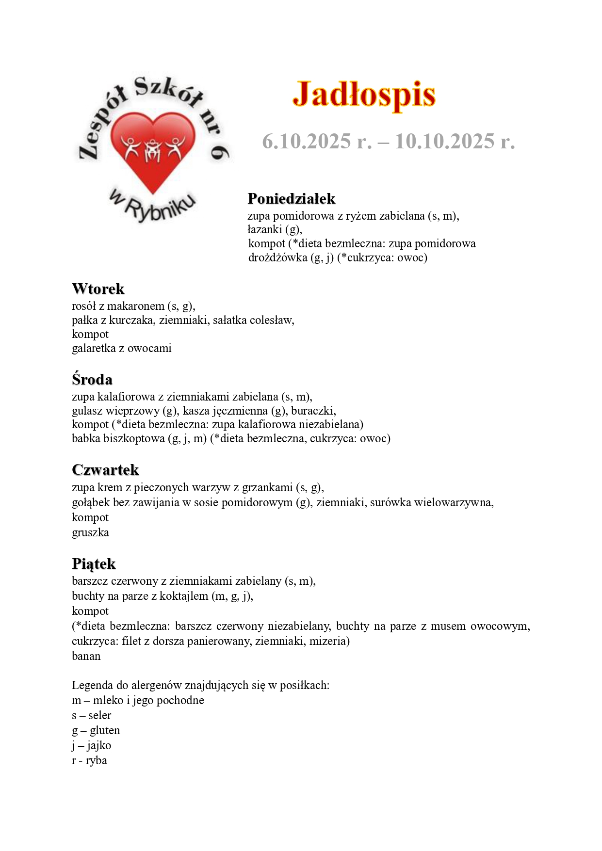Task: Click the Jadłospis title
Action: [x=364, y=94]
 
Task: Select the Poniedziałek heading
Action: [x=291, y=198]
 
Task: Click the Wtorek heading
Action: [x=98, y=289]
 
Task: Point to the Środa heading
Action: [x=92, y=379]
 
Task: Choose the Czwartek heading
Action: [x=105, y=469]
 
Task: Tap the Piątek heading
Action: [x=94, y=563]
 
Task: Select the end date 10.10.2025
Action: [x=444, y=141]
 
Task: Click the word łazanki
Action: [x=265, y=229]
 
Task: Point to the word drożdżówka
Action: [x=277, y=257]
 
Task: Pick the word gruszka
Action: [x=90, y=532]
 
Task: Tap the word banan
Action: [x=86, y=656]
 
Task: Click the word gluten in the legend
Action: [x=105, y=730]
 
